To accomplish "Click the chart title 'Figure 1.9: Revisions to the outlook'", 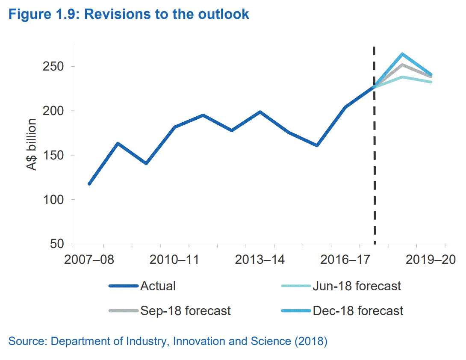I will point(129,14).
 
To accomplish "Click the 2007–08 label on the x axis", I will point(89,260).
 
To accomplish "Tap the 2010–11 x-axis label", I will point(174,260).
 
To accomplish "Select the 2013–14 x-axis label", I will point(260,260).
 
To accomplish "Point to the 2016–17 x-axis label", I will point(345,260).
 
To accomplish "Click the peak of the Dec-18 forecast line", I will point(402,54).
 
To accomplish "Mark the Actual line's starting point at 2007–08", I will point(89,184).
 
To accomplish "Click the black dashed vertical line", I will point(375,171).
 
